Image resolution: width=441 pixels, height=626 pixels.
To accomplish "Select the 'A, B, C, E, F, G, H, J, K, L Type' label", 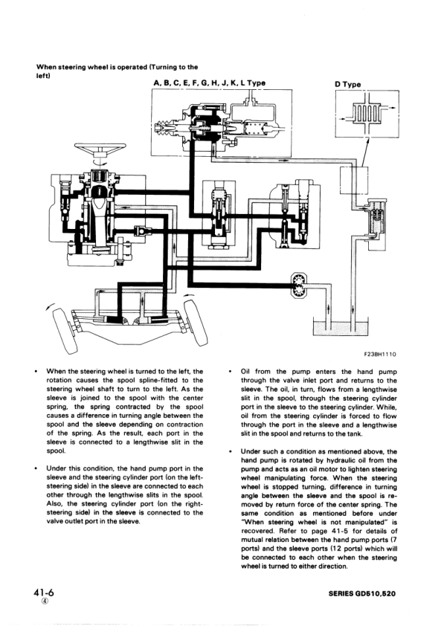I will pyautogui.click(x=209, y=83).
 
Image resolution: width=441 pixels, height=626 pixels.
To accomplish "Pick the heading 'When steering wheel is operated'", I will pyautogui.click(x=112, y=68).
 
